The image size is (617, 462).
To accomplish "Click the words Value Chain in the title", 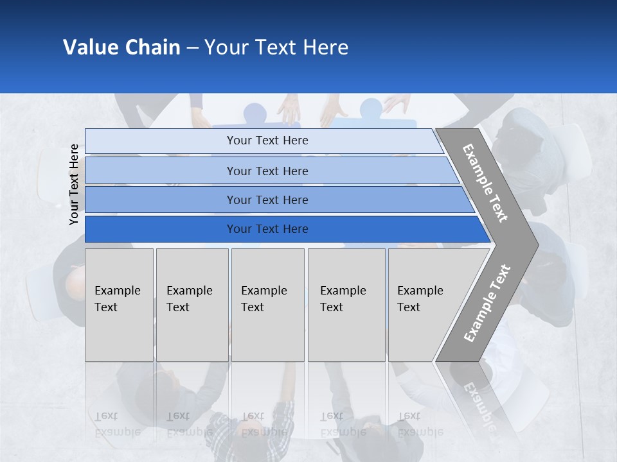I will pyautogui.click(x=121, y=47).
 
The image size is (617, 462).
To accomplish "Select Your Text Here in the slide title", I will pyautogui.click(x=276, y=47).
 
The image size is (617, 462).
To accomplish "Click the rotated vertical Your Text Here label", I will pyautogui.click(x=74, y=184).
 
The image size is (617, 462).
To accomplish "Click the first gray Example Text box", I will pyautogui.click(x=119, y=305).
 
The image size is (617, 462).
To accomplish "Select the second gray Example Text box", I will pyautogui.click(x=192, y=305).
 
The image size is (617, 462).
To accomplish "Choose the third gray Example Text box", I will pyautogui.click(x=267, y=305).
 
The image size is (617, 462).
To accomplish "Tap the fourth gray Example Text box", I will pyautogui.click(x=346, y=305).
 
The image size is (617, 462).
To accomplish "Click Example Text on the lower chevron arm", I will pyautogui.click(x=487, y=303).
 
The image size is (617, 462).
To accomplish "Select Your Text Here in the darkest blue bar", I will pyautogui.click(x=267, y=229).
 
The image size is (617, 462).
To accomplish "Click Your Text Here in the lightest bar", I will pyautogui.click(x=267, y=141).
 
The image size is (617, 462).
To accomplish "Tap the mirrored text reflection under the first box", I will pyautogui.click(x=116, y=424).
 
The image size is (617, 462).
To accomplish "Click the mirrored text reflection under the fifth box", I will pyautogui.click(x=418, y=424).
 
